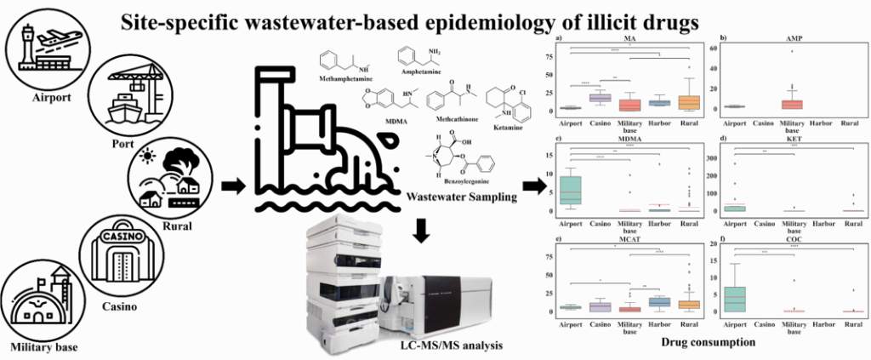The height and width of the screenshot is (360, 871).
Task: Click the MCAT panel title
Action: click(x=629, y=238)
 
